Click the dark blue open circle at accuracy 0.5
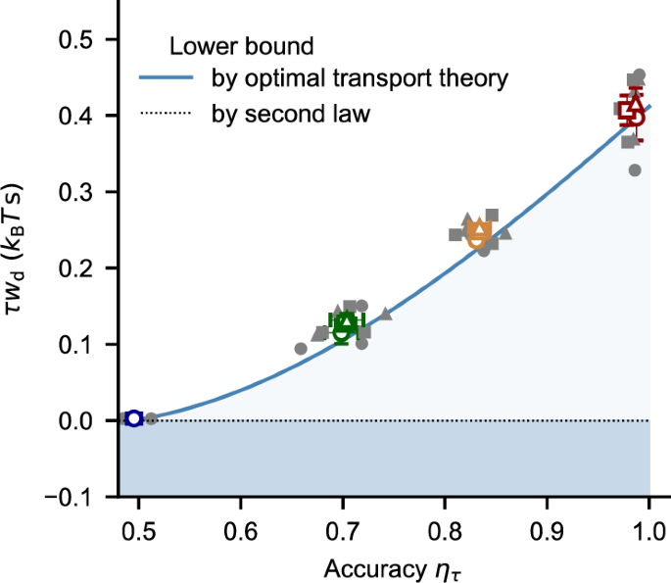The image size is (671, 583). (x=134, y=418)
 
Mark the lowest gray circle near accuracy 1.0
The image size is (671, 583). (x=635, y=170)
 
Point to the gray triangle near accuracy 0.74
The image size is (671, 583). (x=385, y=315)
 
